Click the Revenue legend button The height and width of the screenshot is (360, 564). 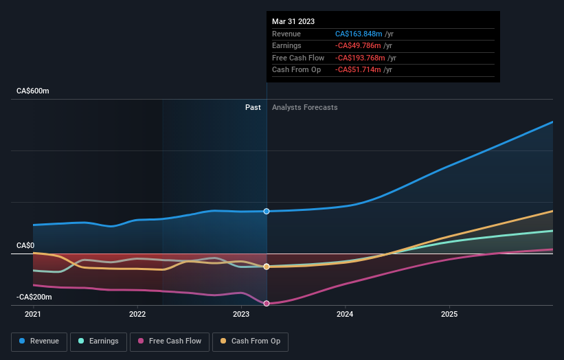(39, 341)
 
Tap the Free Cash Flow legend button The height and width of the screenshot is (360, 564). (169, 341)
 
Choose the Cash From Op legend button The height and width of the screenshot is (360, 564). (250, 341)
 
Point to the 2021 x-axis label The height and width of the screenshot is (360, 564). (33, 314)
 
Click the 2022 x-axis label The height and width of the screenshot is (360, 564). (137, 314)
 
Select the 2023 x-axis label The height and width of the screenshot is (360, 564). (241, 314)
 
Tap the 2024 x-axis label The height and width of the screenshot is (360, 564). (345, 314)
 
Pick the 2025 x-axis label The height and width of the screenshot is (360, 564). (449, 314)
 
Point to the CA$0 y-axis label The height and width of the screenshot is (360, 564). (25, 245)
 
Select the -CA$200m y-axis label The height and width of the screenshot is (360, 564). (35, 297)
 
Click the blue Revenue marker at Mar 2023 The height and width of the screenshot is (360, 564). (267, 211)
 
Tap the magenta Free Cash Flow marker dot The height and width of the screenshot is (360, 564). (267, 303)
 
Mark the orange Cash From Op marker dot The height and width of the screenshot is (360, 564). (267, 267)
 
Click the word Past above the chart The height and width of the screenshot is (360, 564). (253, 107)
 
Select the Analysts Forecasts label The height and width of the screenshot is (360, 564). (304, 107)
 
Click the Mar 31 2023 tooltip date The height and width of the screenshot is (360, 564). (293, 21)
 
